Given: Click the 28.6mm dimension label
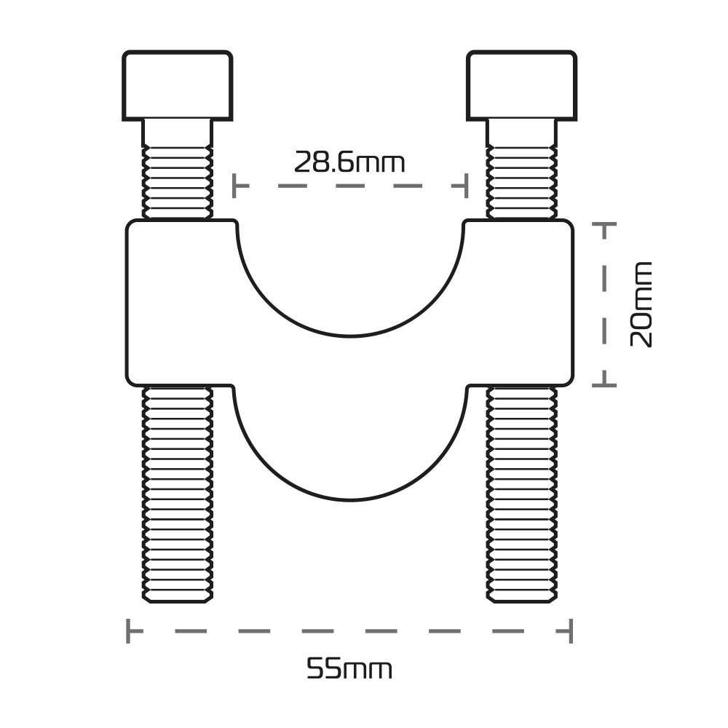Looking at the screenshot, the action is [349, 162].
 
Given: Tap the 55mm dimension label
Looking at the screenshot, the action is [349, 669].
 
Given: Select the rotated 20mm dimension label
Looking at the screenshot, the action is [641, 304].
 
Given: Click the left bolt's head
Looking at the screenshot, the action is [178, 86].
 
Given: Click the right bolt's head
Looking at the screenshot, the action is [522, 86].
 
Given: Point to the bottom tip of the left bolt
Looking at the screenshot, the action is [178, 603].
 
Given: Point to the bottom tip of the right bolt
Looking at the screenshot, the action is [522, 603].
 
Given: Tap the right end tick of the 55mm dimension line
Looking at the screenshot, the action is [571, 630].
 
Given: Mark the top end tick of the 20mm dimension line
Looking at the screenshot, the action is [604, 223].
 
